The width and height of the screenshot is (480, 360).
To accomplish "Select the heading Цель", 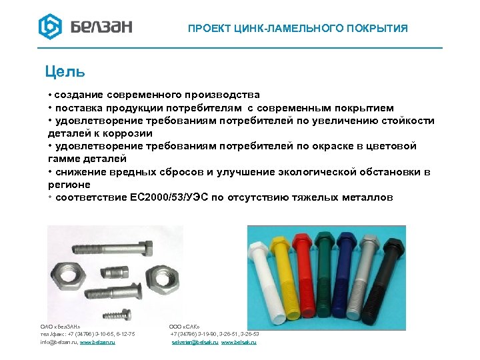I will click(x=65, y=70).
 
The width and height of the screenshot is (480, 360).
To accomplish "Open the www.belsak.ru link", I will click(x=239, y=342).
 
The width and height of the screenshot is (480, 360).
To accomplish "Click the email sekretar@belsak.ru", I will click(x=195, y=342).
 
